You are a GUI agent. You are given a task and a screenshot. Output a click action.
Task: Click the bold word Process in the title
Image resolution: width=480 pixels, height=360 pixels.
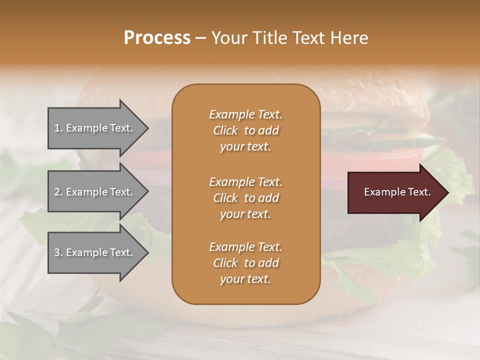tap(157, 38)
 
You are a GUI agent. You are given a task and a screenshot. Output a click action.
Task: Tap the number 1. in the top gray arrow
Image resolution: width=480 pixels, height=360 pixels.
tap(58, 128)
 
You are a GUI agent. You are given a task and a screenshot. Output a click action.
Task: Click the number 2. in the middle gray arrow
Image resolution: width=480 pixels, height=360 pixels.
tap(58, 192)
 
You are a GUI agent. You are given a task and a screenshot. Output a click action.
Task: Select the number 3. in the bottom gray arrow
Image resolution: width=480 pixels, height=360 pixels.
tap(58, 252)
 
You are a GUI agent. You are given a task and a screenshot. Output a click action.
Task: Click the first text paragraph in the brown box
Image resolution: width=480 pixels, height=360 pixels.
tap(245, 130)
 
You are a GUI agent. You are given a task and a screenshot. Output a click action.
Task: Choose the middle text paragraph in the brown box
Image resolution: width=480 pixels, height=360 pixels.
tap(245, 198)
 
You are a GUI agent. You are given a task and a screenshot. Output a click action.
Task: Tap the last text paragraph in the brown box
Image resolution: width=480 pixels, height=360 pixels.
tap(245, 263)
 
